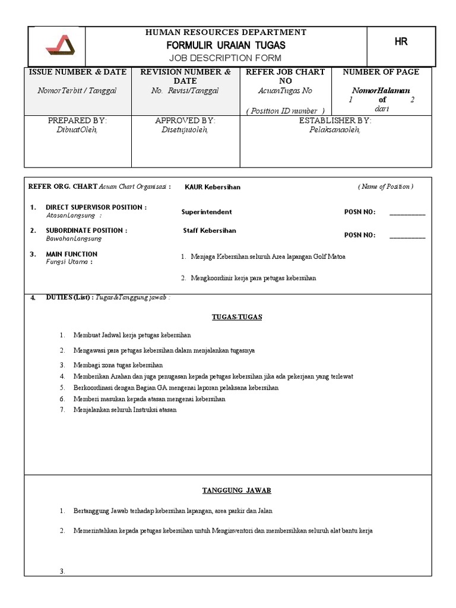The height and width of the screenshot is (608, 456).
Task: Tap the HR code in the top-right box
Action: point(401,42)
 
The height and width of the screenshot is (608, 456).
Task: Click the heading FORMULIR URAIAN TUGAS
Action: point(226,45)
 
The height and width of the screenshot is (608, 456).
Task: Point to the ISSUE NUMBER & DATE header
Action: point(77,72)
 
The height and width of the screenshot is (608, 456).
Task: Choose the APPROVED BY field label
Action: point(185,121)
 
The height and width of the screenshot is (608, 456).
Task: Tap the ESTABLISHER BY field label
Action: point(335,121)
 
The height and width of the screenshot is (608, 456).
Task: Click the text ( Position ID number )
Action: point(284,110)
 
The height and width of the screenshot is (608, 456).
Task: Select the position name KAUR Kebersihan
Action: point(212,187)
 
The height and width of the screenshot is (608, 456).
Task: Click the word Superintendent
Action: point(207,212)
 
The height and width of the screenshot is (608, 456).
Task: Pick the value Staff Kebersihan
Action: point(209,230)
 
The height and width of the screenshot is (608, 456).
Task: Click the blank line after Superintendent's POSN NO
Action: point(407,213)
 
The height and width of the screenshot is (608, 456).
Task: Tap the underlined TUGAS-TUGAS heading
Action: point(237,317)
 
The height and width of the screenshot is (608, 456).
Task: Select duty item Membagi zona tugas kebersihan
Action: point(118,365)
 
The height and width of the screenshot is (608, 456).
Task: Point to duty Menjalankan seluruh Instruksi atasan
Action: point(125,410)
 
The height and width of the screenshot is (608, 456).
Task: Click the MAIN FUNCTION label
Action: point(71,254)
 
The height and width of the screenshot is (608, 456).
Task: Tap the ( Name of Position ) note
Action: point(385,186)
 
